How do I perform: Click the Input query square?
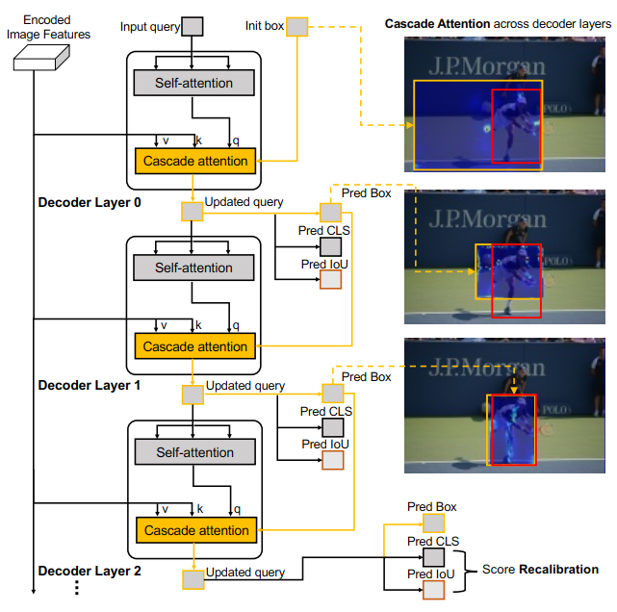(x=193, y=26)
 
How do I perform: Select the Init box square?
(x=297, y=27)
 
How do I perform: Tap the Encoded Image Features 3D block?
(x=41, y=58)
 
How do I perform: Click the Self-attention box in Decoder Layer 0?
(x=194, y=83)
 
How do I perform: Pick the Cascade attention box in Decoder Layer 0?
(x=195, y=161)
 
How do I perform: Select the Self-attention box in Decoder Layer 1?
(x=193, y=268)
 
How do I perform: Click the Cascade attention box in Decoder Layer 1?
(x=194, y=346)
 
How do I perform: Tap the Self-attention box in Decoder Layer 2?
(x=195, y=452)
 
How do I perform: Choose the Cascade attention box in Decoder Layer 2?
(x=196, y=530)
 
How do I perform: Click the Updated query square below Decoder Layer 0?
(x=192, y=212)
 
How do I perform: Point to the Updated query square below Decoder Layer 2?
(x=193, y=579)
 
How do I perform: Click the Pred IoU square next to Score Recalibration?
(x=433, y=590)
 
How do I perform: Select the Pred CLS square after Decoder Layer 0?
(x=330, y=247)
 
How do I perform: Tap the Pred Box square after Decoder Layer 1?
(x=333, y=393)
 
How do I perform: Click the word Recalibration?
(x=558, y=569)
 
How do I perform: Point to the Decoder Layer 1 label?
(x=90, y=385)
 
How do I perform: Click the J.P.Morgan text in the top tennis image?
(x=487, y=66)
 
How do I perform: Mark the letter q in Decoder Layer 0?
(x=236, y=140)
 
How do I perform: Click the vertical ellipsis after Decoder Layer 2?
(x=77, y=587)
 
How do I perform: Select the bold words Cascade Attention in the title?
(x=437, y=24)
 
